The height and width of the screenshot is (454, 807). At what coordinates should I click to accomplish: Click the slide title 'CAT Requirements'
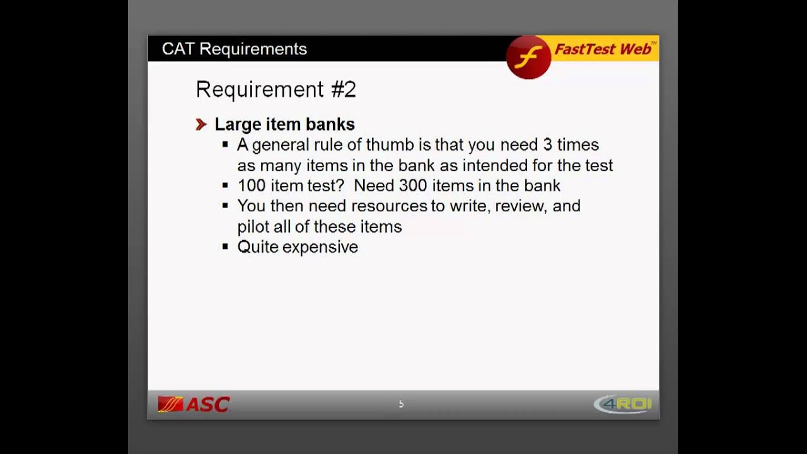coord(234,49)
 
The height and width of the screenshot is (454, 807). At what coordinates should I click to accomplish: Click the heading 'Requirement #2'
coord(276,90)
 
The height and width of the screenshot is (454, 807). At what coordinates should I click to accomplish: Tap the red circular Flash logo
coord(528,57)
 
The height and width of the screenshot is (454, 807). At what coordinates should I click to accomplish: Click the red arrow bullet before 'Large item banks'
coord(201,125)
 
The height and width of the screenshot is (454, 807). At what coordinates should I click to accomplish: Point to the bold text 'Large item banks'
coord(284,124)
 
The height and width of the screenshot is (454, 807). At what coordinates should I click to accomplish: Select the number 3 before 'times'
coord(547,145)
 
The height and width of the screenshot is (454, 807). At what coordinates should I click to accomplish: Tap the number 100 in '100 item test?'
coord(252,186)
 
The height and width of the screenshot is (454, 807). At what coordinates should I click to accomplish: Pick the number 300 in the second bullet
coord(412,186)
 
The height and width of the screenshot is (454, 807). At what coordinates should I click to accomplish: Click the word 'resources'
coord(389,206)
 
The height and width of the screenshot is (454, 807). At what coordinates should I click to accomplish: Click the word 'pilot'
coord(253,226)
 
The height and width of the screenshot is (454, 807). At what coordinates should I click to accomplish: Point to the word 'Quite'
coord(257,247)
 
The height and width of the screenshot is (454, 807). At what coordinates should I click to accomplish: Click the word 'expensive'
coord(320,247)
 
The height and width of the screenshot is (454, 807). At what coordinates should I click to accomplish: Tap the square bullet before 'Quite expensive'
coord(225,247)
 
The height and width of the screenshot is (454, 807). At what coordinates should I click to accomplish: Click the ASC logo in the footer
coord(194,404)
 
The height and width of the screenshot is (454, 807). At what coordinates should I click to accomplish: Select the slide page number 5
coord(401,404)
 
